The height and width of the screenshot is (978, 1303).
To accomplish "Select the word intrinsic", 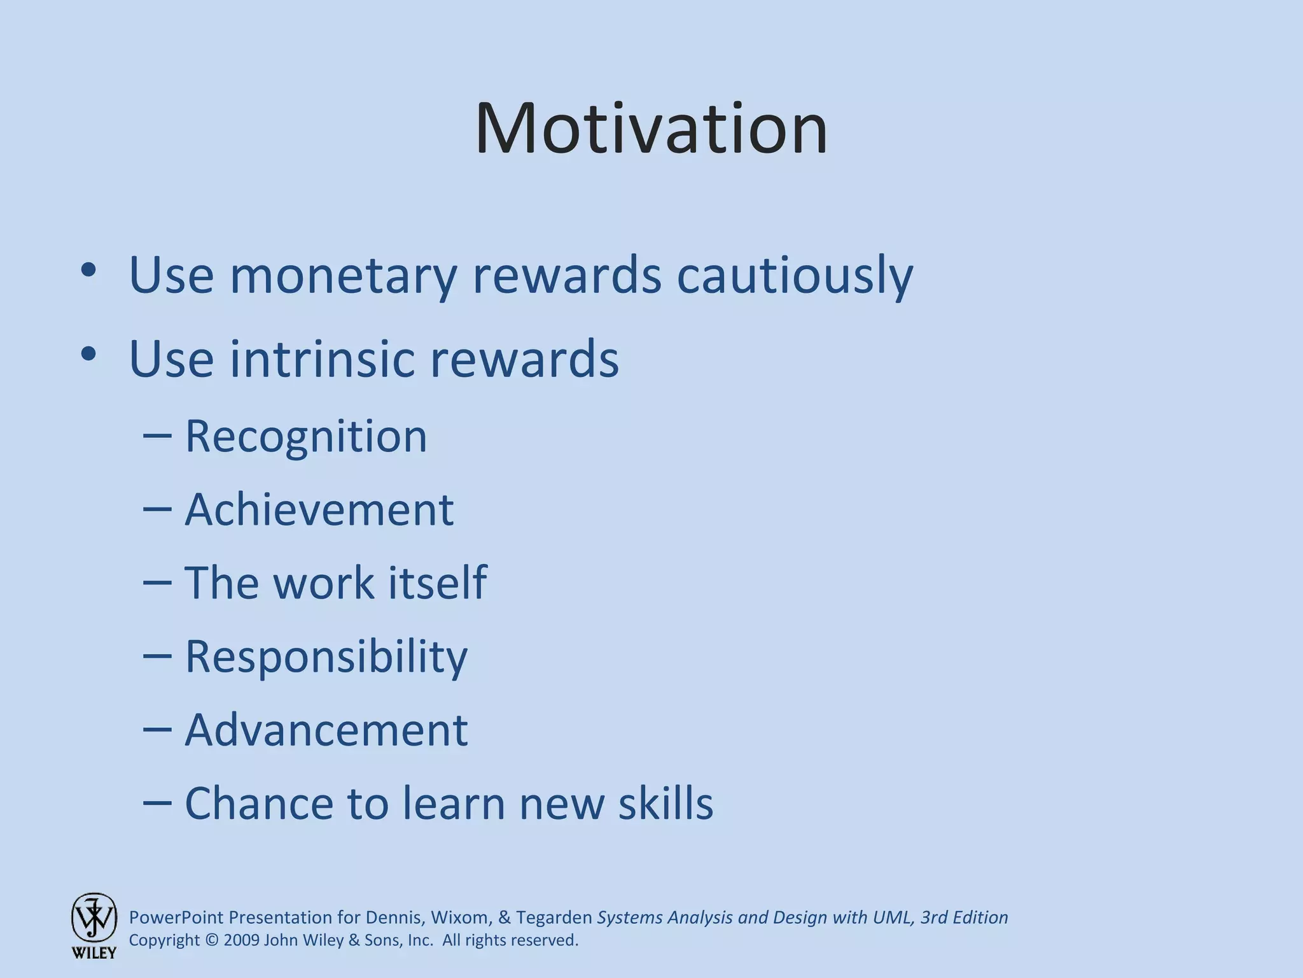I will click(323, 358).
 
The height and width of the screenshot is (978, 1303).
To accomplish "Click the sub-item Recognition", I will click(305, 437).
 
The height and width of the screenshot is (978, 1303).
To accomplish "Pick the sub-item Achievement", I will click(319, 510).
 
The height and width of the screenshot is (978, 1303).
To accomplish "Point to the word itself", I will click(437, 583).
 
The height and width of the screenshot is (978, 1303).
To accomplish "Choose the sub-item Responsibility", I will click(326, 656).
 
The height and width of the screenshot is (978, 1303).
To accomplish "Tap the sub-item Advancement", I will click(326, 730).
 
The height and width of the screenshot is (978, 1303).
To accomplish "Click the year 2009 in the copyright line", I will click(241, 940).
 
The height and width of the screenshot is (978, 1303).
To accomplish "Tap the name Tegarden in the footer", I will click(554, 918).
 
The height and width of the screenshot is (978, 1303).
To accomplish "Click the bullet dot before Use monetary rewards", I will click(88, 271).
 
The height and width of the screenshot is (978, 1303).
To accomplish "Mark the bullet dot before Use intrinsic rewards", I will click(88, 354).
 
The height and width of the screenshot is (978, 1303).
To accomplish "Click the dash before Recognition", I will click(157, 437).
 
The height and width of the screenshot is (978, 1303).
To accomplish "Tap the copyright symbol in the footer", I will click(212, 940).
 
